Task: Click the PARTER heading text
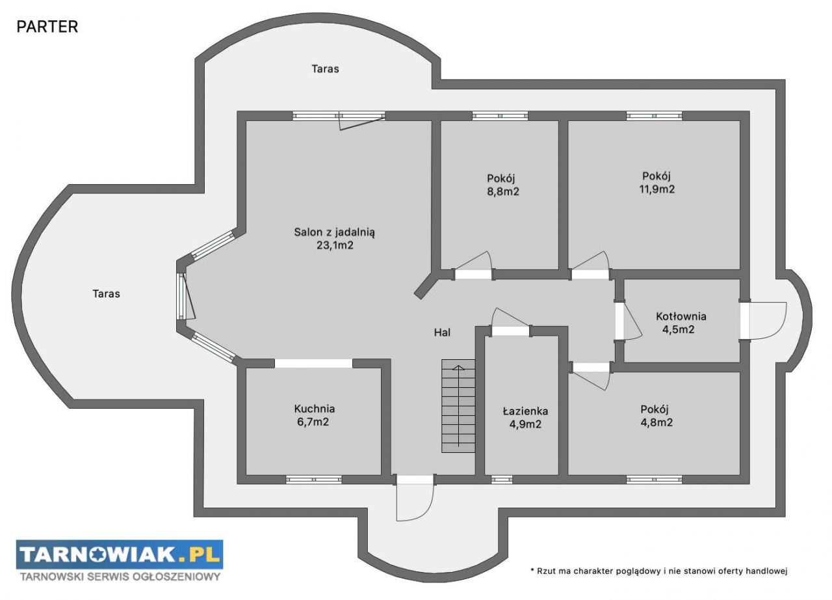(47, 27)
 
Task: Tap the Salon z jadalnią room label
(334, 232)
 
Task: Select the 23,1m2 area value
(335, 245)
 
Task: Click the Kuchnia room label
(314, 409)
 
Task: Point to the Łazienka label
(525, 411)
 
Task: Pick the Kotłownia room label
(681, 316)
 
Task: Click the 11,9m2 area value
(656, 189)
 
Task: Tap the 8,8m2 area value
(503, 191)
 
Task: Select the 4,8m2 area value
(656, 423)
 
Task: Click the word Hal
(442, 333)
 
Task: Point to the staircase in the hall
(458, 406)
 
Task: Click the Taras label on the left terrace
(106, 293)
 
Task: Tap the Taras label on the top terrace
(325, 69)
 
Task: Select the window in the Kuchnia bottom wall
(313, 480)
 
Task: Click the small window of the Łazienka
(501, 480)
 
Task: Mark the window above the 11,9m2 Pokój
(654, 116)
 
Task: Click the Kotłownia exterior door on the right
(763, 320)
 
